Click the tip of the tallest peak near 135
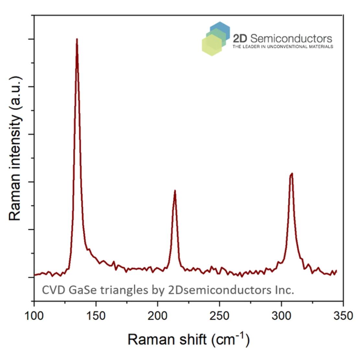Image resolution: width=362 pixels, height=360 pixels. [x=77, y=39]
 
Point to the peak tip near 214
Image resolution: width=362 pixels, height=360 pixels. [x=175, y=191]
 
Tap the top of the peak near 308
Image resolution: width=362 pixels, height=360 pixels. [x=292, y=174]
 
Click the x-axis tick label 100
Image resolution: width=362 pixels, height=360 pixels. [x=34, y=315]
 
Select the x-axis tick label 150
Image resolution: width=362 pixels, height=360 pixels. [x=96, y=315]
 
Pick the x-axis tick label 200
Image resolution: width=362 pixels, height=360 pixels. [x=158, y=315]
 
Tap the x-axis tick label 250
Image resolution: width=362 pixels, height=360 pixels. [x=219, y=315]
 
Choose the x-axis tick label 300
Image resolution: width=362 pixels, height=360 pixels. [x=281, y=315]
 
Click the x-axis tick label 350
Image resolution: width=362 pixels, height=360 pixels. [x=343, y=315]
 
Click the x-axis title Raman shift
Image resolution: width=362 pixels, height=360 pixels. [x=167, y=340]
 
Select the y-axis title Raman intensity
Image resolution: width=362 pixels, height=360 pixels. [x=15, y=148]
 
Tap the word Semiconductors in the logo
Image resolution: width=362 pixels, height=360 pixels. [x=291, y=39]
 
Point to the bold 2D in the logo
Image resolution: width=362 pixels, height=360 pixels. [x=240, y=39]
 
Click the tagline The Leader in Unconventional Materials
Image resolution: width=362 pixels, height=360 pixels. [x=283, y=47]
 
